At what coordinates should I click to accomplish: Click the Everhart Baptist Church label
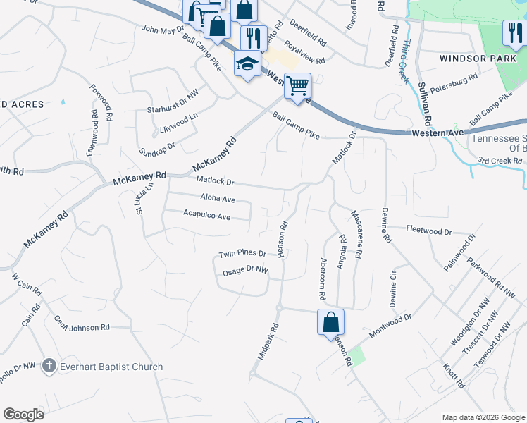(111, 367)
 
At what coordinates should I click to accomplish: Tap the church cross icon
(49, 366)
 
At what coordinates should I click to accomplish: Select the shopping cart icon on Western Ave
(297, 86)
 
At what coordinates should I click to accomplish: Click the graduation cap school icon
(247, 66)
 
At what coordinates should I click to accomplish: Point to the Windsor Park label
(474, 59)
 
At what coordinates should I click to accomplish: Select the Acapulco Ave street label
(206, 216)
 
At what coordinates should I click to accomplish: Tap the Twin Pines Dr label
(242, 254)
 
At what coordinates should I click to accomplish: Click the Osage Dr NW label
(242, 270)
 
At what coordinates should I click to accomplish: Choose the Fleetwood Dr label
(428, 231)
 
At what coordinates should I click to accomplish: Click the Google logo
(23, 415)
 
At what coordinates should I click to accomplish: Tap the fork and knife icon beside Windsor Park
(513, 32)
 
